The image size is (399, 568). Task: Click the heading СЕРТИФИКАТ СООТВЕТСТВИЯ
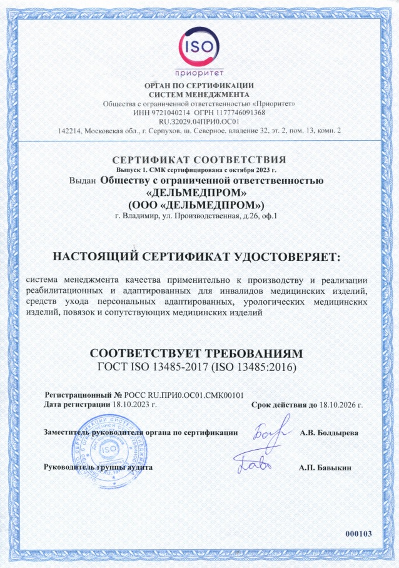click(199, 158)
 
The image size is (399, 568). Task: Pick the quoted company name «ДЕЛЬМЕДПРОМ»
click(199, 192)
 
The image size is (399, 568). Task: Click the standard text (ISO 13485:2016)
click(253, 366)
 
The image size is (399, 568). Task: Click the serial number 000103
click(358, 533)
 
